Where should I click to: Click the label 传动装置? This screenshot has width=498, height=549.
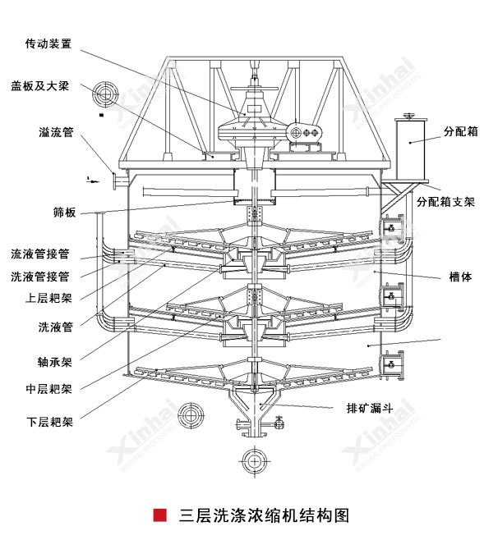48,43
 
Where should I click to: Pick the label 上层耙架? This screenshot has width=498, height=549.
48,298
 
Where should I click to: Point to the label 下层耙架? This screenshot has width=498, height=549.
48,423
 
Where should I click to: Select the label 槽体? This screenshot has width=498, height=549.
460,277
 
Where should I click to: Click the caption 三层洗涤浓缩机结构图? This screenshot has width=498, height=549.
264,516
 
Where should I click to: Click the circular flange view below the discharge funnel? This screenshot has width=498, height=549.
251,459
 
